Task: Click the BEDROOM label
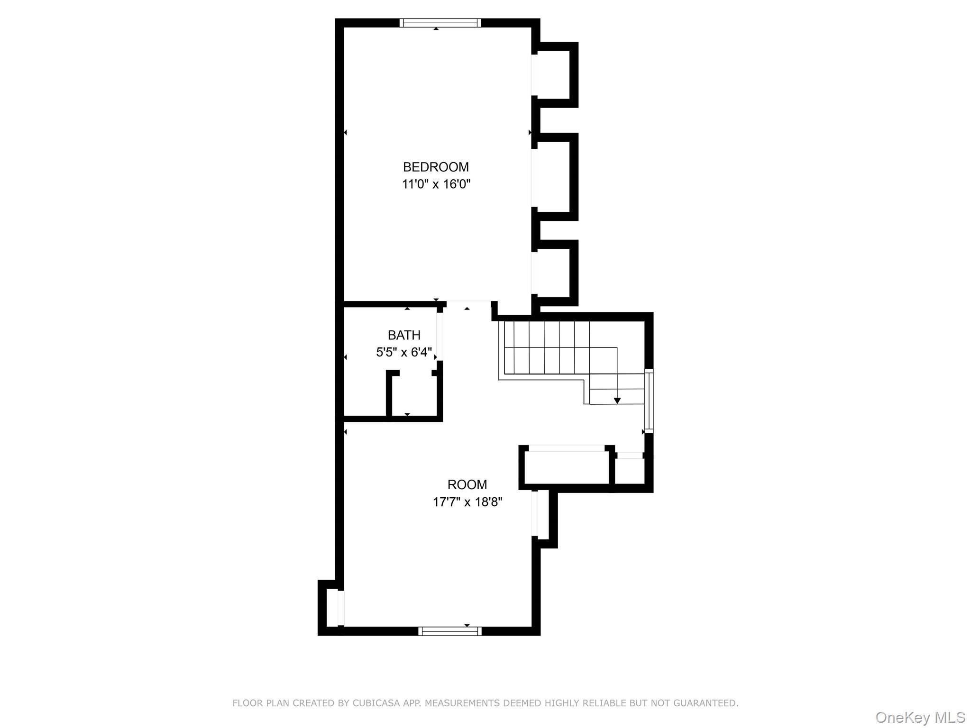tap(436, 167)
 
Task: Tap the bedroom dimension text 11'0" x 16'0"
tap(436, 184)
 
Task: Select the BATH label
tap(404, 336)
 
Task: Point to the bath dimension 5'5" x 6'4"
tap(404, 352)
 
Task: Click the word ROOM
tap(467, 485)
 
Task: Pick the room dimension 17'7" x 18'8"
tap(467, 502)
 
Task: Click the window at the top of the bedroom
tap(440, 23)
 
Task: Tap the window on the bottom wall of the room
tap(450, 631)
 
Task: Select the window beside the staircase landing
tap(649, 401)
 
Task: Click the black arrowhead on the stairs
tap(617, 401)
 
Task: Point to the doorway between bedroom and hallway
tap(468, 302)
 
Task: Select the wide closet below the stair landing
tap(567, 467)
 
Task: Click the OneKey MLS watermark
tap(920, 718)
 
